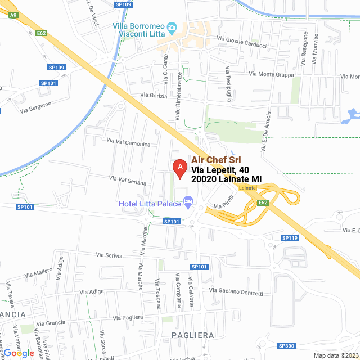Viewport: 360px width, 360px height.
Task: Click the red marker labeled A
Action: point(179,168)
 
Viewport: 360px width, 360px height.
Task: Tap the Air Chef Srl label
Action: point(216,160)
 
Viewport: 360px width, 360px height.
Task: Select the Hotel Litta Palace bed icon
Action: point(188,201)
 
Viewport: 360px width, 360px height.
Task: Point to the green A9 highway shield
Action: point(13,15)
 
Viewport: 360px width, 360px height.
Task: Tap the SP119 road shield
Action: point(290,238)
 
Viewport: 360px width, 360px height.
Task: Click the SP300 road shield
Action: point(286,345)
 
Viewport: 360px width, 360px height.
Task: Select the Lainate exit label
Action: point(247,188)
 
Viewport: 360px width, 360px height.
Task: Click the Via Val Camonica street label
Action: point(128,143)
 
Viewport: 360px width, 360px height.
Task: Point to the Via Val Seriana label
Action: point(128,180)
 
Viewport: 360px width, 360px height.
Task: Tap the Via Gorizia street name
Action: point(154,96)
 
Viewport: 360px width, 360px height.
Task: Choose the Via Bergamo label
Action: point(35,107)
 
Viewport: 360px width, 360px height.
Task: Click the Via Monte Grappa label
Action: point(271,74)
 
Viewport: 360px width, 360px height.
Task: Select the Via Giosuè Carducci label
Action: point(245,42)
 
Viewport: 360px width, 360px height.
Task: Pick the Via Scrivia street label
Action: point(109,255)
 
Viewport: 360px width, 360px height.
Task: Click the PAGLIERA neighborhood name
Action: point(193,335)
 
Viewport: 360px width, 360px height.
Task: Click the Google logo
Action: point(19,353)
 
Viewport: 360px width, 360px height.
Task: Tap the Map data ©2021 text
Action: point(335,355)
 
